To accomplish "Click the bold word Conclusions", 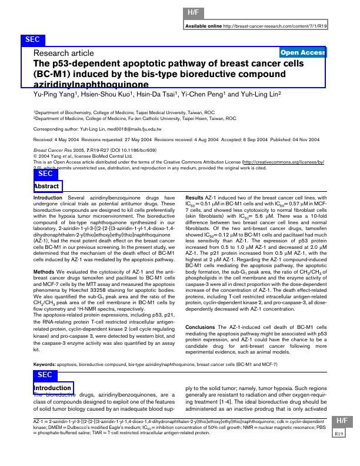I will (x=202, y=310).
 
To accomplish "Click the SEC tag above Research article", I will (x=33, y=39).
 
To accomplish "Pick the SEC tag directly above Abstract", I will (x=45, y=174).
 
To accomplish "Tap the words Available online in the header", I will (x=204, y=26).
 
